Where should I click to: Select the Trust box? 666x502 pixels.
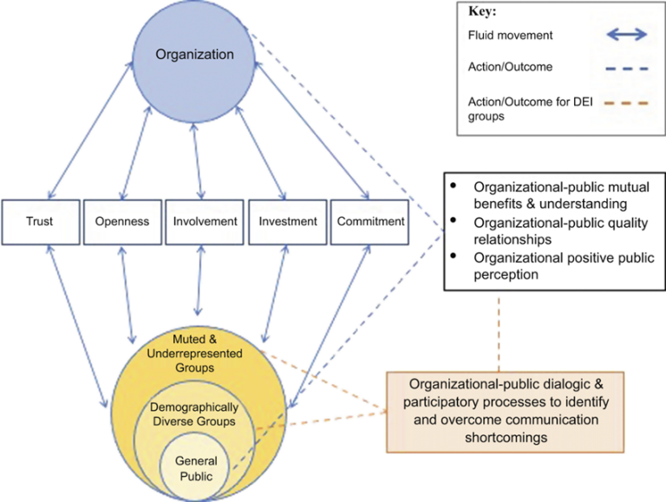(39, 221)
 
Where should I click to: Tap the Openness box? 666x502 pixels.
(121, 221)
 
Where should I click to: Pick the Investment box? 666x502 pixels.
(288, 221)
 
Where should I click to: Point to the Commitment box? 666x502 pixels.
(370, 221)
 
